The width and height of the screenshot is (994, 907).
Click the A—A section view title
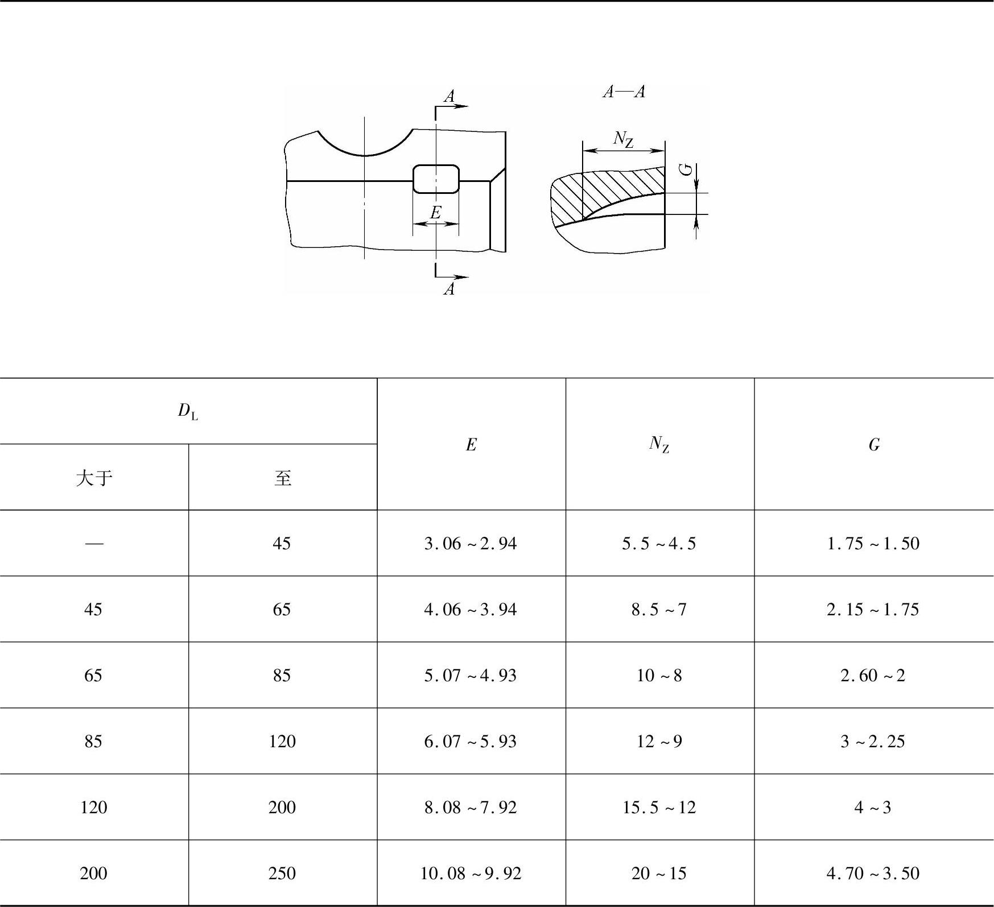[x=624, y=92]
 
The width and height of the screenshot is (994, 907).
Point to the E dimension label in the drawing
[x=436, y=213]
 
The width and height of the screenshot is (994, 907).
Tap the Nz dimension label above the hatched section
[x=624, y=139]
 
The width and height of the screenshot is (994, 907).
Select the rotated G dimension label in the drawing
[x=687, y=169]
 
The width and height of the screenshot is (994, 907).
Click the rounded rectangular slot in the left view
[x=436, y=166]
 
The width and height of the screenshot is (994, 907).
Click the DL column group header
[x=188, y=411]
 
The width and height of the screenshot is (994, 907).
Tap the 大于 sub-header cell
[x=94, y=478]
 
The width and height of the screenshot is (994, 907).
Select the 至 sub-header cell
[x=283, y=478]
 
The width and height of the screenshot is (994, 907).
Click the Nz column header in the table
[x=659, y=444]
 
